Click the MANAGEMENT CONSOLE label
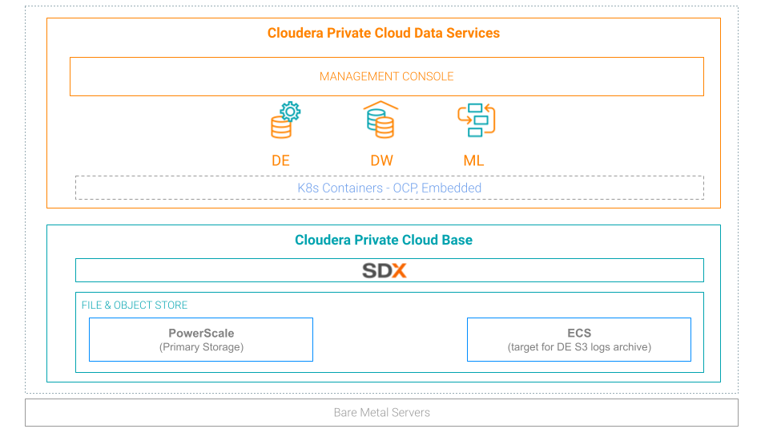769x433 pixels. (386, 77)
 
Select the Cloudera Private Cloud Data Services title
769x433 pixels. (383, 34)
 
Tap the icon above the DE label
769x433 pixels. (284, 120)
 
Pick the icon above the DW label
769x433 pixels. (380, 119)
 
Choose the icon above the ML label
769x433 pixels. (477, 120)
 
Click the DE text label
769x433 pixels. (280, 160)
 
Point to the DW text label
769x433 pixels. (381, 160)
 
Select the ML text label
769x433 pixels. (473, 160)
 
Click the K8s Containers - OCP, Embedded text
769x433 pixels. (389, 188)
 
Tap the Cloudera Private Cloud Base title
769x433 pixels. (383, 241)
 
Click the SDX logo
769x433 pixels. (384, 270)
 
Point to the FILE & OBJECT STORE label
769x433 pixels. (135, 306)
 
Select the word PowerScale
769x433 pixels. (201, 334)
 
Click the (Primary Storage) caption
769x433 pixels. (201, 347)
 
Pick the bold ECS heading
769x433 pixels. (579, 334)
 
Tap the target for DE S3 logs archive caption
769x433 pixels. (579, 347)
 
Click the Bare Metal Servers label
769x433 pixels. (381, 413)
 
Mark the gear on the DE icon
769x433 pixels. (291, 111)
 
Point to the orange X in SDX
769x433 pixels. (398, 270)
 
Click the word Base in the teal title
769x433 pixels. (457, 241)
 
